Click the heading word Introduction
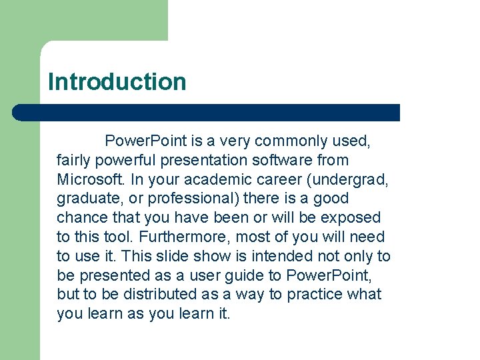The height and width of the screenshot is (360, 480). click(117, 82)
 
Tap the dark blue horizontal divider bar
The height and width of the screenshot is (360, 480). click(207, 112)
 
